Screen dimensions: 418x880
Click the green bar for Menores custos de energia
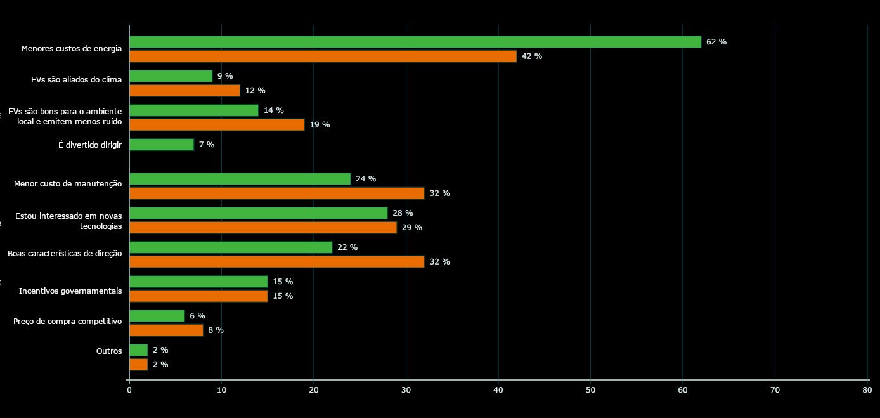pyautogui.click(x=415, y=42)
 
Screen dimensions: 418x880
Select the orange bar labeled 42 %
pyautogui.click(x=323, y=56)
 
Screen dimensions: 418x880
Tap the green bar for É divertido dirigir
pyautogui.click(x=162, y=145)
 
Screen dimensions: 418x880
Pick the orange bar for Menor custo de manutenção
pyautogui.click(x=276, y=193)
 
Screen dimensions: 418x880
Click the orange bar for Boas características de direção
pyautogui.click(x=276, y=262)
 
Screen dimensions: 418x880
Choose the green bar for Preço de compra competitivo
pyautogui.click(x=157, y=316)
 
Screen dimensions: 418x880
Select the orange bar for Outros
pyautogui.click(x=138, y=365)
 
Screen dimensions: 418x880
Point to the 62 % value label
pyautogui.click(x=716, y=42)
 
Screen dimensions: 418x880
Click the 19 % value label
pyautogui.click(x=320, y=125)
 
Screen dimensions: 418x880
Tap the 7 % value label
pyautogui.click(x=207, y=145)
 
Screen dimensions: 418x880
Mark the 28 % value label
pyautogui.click(x=403, y=213)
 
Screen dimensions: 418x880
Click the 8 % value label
pyautogui.click(x=216, y=330)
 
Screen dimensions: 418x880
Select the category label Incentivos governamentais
pyautogui.click(x=70, y=291)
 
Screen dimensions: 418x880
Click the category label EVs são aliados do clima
pyautogui.click(x=76, y=80)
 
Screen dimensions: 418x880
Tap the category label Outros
pyautogui.click(x=109, y=351)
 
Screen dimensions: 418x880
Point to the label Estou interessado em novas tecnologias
pyautogui.click(x=68, y=221)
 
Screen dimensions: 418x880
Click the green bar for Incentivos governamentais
pyautogui.click(x=198, y=282)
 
